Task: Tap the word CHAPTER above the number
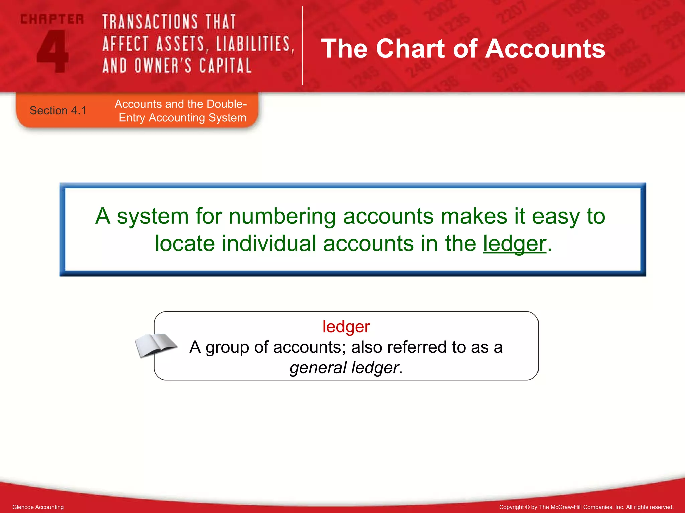tap(52, 19)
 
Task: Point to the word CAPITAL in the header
tap(225, 66)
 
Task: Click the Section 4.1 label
tap(58, 111)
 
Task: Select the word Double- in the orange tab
tap(227, 104)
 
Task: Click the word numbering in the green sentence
tap(282, 216)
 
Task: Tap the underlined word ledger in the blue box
tap(514, 244)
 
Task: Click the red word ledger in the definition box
tap(346, 327)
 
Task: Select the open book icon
tap(155, 345)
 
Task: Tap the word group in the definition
tap(226, 347)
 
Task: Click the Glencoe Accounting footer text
tap(38, 507)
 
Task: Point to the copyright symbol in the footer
tap(527, 507)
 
